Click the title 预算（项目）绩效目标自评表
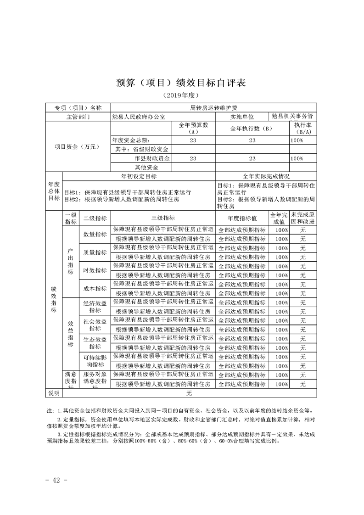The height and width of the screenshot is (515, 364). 182,83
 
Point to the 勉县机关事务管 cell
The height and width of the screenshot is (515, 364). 292,117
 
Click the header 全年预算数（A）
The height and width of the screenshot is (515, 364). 193,129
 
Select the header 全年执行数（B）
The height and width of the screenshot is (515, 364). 252,129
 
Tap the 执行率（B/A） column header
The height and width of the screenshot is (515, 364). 303,129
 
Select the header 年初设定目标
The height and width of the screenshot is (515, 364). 139,176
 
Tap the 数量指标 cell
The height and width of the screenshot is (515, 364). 95,234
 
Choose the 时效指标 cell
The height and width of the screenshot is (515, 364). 95,270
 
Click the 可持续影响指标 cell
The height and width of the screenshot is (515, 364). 95,360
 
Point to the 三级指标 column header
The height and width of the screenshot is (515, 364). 162,218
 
